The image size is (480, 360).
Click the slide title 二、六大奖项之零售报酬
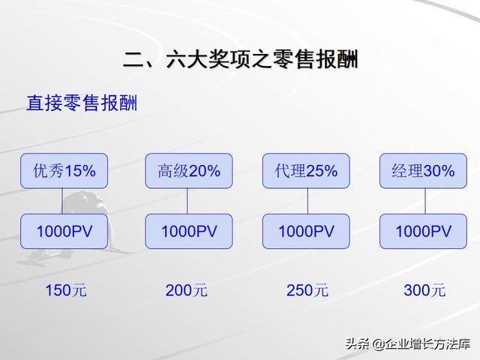[240, 58]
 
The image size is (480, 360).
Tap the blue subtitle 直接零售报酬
[82, 103]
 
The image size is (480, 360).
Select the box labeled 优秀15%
[64, 171]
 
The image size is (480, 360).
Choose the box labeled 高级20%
[188, 171]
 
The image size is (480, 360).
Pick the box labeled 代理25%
[306, 171]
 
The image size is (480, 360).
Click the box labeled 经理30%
[423, 171]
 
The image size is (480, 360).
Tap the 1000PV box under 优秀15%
[64, 231]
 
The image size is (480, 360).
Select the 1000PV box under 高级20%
[188, 231]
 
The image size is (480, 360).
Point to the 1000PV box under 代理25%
[306, 231]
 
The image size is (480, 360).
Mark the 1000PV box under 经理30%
[423, 231]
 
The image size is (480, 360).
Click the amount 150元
[66, 290]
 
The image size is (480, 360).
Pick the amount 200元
[187, 290]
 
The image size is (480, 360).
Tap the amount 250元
[307, 290]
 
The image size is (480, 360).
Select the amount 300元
[424, 290]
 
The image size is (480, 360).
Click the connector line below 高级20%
[187, 201]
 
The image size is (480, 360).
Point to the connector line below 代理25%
[307, 201]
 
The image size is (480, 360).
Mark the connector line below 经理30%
[425, 201]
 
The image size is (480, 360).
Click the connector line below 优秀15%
[62, 201]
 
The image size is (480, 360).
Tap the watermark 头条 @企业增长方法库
[408, 344]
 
